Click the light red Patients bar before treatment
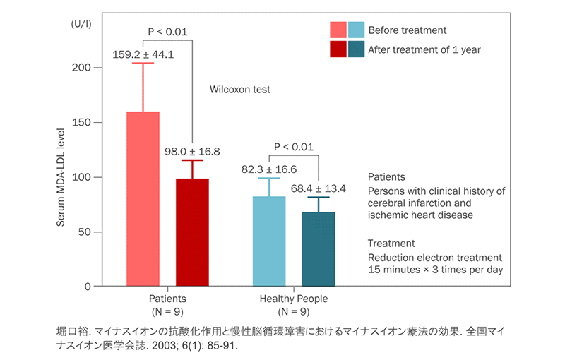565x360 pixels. click(143, 198)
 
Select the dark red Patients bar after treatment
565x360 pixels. click(192, 232)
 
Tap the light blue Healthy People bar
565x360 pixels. click(270, 241)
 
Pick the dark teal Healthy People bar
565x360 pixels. click(319, 248)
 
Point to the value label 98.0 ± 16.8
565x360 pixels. click(193, 151)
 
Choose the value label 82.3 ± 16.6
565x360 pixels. click(269, 169)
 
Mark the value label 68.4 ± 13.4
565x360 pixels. click(319, 188)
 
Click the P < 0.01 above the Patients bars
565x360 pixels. click(167, 31)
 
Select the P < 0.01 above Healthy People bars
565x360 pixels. click(294, 147)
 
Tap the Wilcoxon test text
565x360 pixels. click(240, 90)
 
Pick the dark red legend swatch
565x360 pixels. click(338, 49)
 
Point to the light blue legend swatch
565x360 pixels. click(357, 30)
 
